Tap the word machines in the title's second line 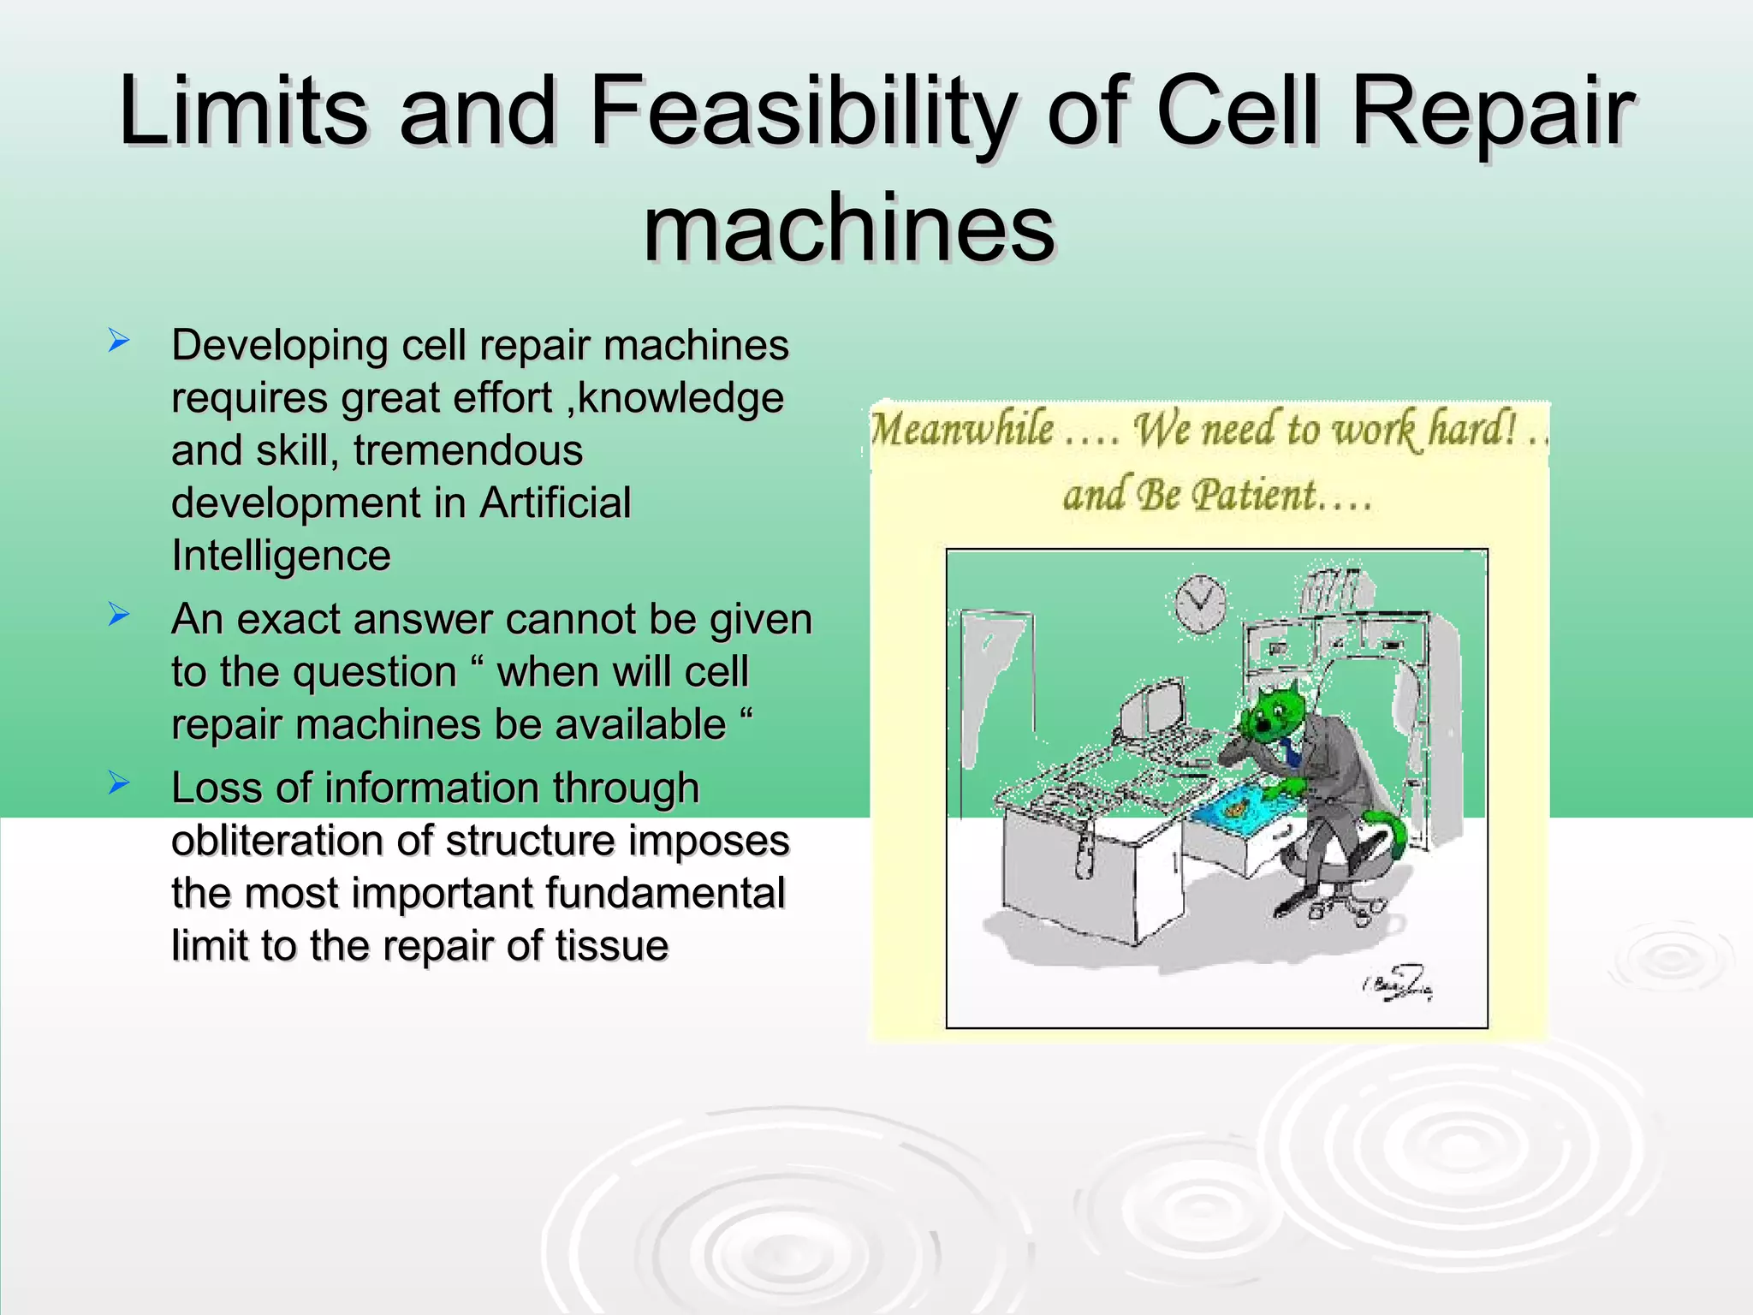849,229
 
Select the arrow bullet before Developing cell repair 119,342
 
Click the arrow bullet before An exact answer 119,615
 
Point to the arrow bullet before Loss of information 119,782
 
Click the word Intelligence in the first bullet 281,556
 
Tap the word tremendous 468,450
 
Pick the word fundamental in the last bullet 665,893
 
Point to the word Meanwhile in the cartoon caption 962,429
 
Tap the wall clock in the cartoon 1200,602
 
